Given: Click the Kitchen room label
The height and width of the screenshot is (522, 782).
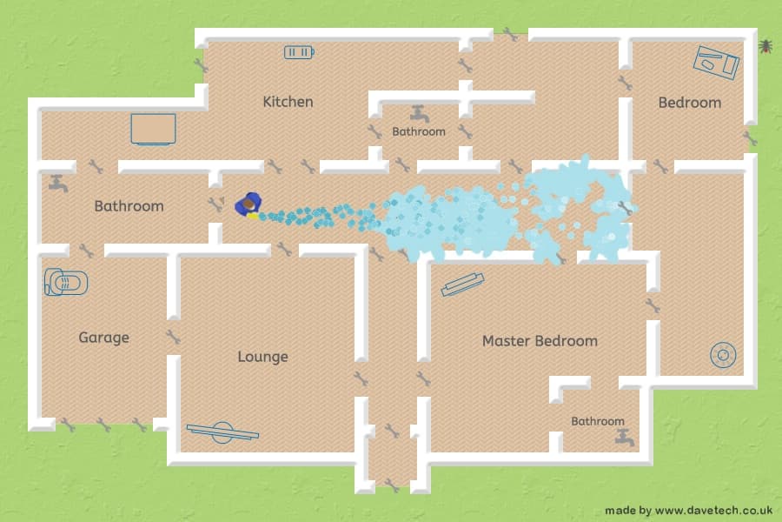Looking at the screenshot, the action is tap(288, 102).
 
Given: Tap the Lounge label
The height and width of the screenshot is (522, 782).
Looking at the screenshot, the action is tap(262, 357).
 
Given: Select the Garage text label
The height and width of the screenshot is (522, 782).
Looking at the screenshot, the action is tap(103, 338).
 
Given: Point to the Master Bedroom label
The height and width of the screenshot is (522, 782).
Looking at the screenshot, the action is tap(540, 341).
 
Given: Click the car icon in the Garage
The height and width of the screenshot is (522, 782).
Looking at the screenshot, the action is tap(66, 282).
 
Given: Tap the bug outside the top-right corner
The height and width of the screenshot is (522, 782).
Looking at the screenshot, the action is tap(765, 46).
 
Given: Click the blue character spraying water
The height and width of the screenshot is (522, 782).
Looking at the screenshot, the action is tap(248, 204).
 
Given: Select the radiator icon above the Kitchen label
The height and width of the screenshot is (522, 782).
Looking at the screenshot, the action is tap(299, 52).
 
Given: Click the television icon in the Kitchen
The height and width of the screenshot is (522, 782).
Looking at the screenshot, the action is tap(153, 130).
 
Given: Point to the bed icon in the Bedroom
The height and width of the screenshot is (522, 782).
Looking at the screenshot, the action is tap(716, 63).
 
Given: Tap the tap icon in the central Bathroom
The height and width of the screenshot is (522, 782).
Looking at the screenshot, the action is tap(420, 114).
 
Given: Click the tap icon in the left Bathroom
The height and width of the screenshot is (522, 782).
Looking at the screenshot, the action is tap(58, 184).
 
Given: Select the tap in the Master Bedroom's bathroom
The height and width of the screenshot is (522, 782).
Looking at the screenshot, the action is tap(625, 438).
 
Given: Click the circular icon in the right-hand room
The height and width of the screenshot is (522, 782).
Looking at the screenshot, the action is tap(723, 355).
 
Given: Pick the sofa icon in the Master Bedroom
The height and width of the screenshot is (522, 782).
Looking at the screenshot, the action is tap(462, 284).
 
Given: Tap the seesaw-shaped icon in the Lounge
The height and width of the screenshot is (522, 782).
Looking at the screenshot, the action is tap(222, 432).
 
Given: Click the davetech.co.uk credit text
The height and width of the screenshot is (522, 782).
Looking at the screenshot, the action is tap(689, 511).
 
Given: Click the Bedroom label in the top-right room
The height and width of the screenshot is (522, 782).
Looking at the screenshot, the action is tap(690, 103).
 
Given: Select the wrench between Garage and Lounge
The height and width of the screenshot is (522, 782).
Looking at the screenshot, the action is tap(173, 337).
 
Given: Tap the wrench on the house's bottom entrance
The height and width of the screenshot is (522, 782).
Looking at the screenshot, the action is tap(392, 485).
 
